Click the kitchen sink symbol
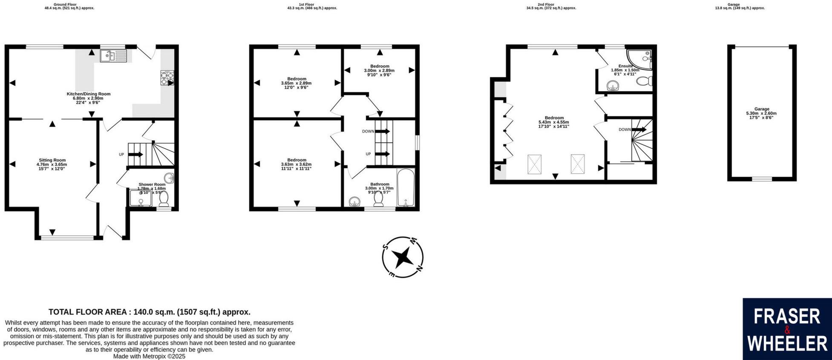(113, 56)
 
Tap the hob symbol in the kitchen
(167, 77)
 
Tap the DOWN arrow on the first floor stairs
(382, 132)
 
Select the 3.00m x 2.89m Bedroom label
(379, 70)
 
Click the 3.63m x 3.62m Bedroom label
(296, 164)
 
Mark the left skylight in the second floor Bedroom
(534, 164)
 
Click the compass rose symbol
(402, 257)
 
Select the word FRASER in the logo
(787, 317)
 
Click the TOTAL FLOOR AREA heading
(149, 312)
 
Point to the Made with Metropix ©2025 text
(149, 356)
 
